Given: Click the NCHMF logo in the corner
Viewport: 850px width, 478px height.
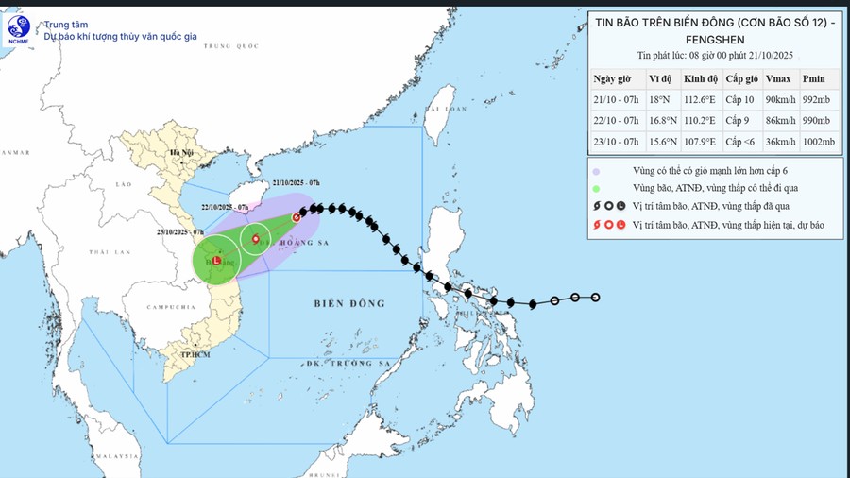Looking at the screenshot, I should (x=18, y=29).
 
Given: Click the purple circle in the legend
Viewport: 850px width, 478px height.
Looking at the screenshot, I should (x=597, y=170).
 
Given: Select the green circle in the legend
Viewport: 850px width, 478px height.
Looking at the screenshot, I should (x=597, y=188).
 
